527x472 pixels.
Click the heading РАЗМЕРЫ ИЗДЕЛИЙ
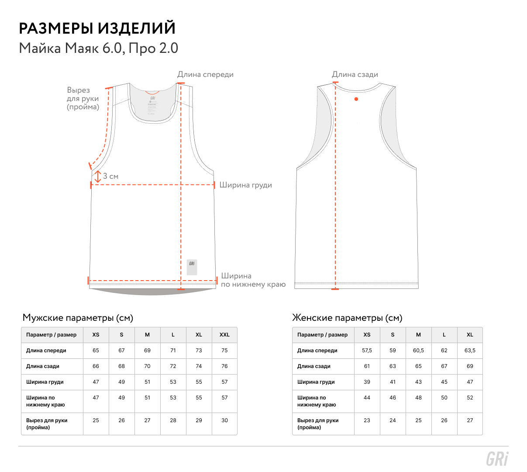(97, 28)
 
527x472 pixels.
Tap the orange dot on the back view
(356, 99)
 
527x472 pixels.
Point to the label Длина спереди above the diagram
(205, 74)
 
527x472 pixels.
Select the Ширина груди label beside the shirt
(245, 185)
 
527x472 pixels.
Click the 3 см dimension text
(110, 176)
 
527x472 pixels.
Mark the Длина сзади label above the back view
(355, 74)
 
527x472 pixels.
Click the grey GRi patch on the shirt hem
(192, 267)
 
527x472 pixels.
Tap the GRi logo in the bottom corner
(497, 459)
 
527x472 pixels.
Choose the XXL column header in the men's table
(224, 334)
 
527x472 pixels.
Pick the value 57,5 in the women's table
(367, 351)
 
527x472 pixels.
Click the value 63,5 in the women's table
(470, 351)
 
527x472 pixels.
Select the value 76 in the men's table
(224, 366)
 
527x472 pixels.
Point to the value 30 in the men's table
(224, 420)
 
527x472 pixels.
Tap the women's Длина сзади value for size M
(418, 366)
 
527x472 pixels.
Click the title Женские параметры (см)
(347, 318)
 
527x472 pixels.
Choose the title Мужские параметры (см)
(78, 318)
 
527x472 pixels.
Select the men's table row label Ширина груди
(45, 382)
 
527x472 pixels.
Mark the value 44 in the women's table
(367, 398)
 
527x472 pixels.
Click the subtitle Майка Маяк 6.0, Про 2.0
(99, 48)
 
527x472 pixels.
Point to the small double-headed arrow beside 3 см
(97, 177)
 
